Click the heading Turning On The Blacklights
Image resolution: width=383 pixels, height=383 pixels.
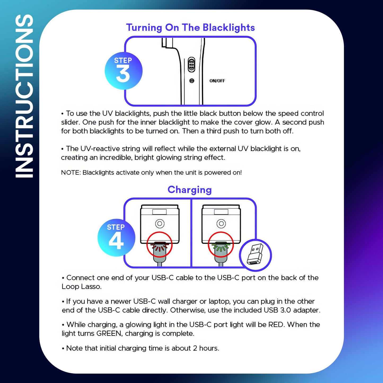click(190, 28)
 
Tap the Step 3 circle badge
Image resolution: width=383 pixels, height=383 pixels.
click(124, 71)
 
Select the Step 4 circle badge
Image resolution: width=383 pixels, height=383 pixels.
click(116, 238)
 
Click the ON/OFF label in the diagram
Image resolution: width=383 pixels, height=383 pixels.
click(217, 81)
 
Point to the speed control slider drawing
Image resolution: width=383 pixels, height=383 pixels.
click(191, 64)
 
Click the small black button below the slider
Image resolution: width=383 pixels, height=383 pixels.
click(192, 81)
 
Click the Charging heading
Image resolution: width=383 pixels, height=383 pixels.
click(190, 190)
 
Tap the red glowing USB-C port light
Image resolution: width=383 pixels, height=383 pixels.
click(159, 247)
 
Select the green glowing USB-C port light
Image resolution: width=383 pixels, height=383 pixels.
click(221, 247)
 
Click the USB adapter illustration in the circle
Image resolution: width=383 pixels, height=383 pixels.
click(255, 255)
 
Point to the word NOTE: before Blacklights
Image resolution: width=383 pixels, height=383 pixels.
click(71, 173)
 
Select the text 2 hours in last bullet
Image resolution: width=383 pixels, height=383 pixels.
click(205, 348)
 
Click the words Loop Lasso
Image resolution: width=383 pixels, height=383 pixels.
click(81, 287)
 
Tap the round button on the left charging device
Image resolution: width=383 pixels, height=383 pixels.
click(160, 223)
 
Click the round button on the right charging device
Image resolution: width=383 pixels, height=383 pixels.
click(221, 223)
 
